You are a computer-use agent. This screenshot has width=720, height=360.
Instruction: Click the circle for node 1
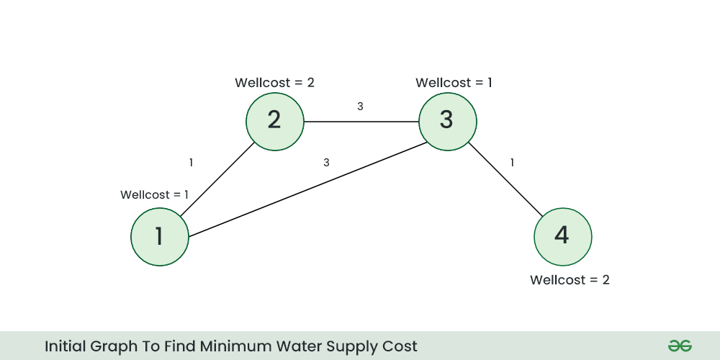click(159, 237)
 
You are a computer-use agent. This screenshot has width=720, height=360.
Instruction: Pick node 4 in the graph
click(562, 237)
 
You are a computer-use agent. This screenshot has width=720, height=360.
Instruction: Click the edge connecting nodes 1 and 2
click(217, 179)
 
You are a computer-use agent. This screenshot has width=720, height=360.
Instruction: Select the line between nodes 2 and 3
click(361, 121)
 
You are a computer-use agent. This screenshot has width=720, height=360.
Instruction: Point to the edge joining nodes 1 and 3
click(303, 190)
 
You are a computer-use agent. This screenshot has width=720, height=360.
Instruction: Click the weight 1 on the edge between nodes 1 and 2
click(191, 163)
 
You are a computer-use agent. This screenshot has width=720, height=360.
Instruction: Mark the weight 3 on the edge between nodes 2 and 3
click(360, 107)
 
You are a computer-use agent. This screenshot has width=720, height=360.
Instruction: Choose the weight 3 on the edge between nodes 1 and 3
click(326, 163)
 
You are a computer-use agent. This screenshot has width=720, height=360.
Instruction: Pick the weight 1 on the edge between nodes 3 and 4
click(512, 163)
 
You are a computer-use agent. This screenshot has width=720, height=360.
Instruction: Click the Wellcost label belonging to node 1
click(154, 195)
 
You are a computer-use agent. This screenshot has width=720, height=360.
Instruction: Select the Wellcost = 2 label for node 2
click(274, 83)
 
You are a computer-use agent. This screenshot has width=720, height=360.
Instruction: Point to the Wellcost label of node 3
click(454, 83)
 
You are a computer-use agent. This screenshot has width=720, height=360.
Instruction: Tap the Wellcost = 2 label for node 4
click(570, 280)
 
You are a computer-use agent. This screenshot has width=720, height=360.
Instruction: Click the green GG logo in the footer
click(679, 346)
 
